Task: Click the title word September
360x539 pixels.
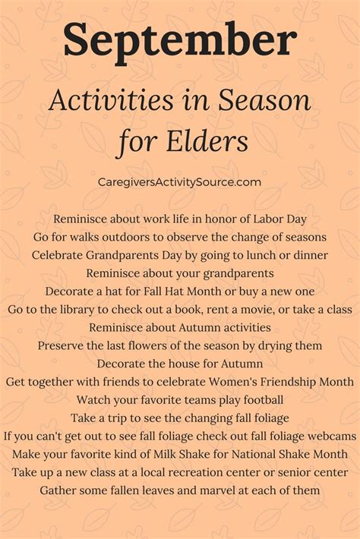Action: point(180,41)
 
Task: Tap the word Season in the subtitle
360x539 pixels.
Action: point(264,101)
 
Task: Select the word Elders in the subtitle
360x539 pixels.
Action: point(207,141)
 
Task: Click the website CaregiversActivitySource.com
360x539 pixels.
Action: point(179,181)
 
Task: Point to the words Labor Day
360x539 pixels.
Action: point(280,219)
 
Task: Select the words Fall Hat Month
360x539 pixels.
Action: point(182,292)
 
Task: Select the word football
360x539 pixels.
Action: point(264,400)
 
